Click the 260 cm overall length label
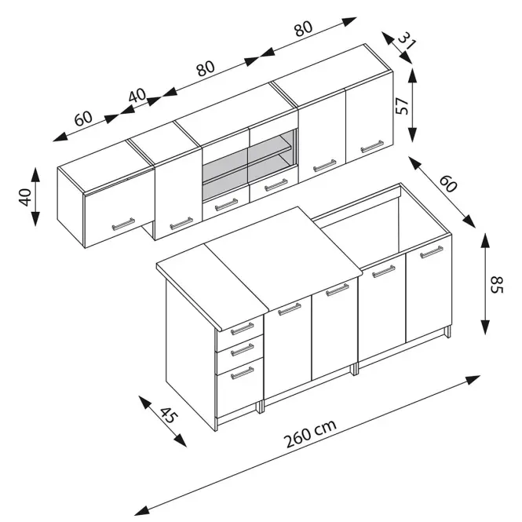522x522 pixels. [x=309, y=433]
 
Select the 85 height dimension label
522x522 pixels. [x=496, y=284]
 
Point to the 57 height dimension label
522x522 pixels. [x=403, y=105]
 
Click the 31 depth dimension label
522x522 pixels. [x=407, y=40]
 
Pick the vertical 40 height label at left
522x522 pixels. [x=26, y=197]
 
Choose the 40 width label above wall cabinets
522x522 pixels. [x=137, y=96]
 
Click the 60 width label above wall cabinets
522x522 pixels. [x=83, y=118]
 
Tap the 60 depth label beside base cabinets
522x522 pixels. [x=448, y=184]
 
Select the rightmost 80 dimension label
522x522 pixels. [x=303, y=28]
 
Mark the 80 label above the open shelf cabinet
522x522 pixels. [x=206, y=68]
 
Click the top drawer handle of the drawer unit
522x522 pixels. [x=242, y=329]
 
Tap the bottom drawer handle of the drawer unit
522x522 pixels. [x=242, y=373]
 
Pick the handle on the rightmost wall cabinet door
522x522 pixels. [x=372, y=147]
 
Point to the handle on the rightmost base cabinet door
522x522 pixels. [x=432, y=252]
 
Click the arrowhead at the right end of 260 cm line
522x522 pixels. [x=473, y=379]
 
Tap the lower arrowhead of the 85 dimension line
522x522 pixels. [x=485, y=327]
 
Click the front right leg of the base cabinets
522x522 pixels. [x=448, y=332]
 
